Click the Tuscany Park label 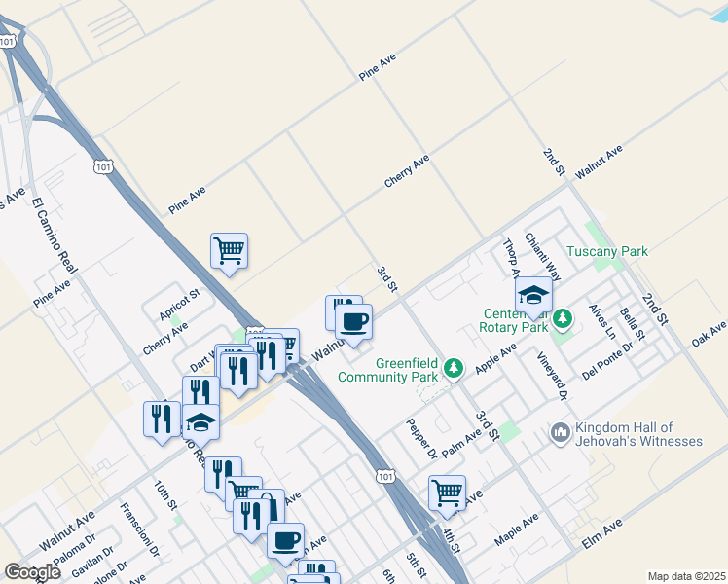[x=607, y=251]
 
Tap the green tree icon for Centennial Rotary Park [x=562, y=318]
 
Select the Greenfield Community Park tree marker [x=453, y=368]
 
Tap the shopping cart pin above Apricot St [x=229, y=251]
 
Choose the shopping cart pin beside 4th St [x=447, y=493]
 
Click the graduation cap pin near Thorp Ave [x=533, y=295]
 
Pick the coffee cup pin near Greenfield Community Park [x=353, y=321]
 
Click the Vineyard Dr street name [x=552, y=375]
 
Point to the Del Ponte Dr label [x=607, y=359]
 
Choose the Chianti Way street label [x=543, y=256]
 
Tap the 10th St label [x=165, y=494]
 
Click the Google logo [x=32, y=572]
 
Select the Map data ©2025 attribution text [x=685, y=576]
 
